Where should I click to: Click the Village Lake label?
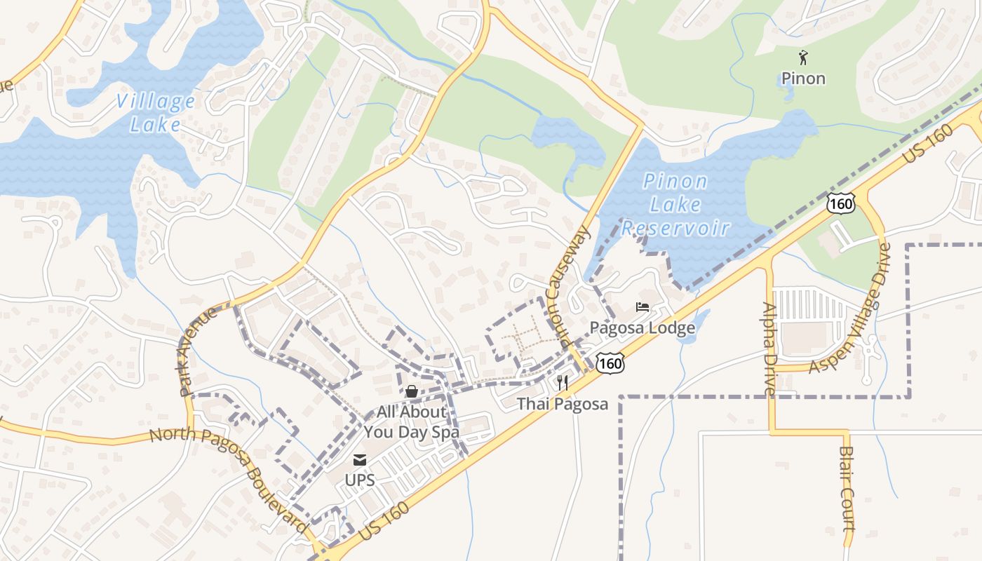pyautogui.click(x=155, y=113)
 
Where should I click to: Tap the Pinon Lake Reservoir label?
pyautogui.click(x=675, y=205)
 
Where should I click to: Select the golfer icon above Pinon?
pyautogui.click(x=803, y=58)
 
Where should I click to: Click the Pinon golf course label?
pyautogui.click(x=803, y=78)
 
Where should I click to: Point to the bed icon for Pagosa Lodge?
pyautogui.click(x=642, y=306)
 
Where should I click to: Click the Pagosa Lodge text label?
pyautogui.click(x=642, y=327)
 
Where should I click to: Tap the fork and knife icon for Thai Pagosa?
pyautogui.click(x=562, y=383)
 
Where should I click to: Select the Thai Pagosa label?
pyautogui.click(x=562, y=404)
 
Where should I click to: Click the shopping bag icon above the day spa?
pyautogui.click(x=412, y=391)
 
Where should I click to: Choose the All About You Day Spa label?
pyautogui.click(x=412, y=421)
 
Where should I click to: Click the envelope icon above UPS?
pyautogui.click(x=359, y=460)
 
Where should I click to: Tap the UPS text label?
pyautogui.click(x=359, y=480)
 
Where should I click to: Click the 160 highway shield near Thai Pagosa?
pyautogui.click(x=610, y=363)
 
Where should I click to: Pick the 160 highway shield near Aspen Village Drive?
pyautogui.click(x=840, y=203)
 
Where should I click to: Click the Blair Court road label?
pyautogui.click(x=847, y=489)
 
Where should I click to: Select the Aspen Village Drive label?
pyautogui.click(x=852, y=308)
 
